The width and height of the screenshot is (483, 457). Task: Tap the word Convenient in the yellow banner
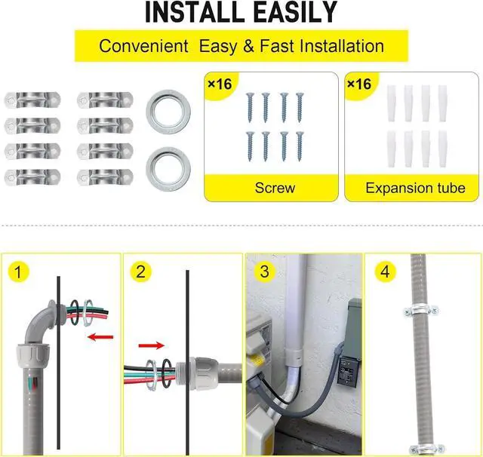click(144, 46)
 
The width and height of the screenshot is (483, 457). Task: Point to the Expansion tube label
click(415, 187)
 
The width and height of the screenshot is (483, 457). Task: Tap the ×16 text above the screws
click(220, 84)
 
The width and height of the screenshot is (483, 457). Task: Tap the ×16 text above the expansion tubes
click(358, 84)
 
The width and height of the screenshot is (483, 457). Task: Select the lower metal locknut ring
click(168, 164)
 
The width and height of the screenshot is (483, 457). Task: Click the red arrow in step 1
click(97, 337)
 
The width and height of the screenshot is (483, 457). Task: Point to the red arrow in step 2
click(150, 347)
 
